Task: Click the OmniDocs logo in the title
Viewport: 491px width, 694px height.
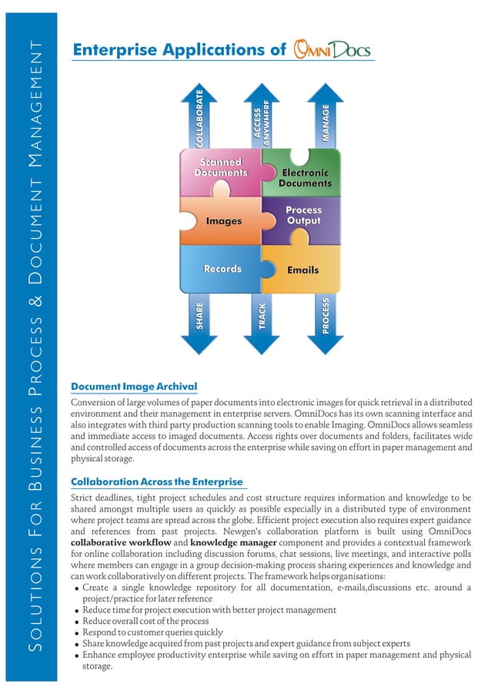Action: pyautogui.click(x=332, y=51)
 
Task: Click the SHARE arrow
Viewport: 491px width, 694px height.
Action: pyautogui.click(x=199, y=319)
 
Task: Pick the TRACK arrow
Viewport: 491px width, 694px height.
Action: pyautogui.click(x=262, y=319)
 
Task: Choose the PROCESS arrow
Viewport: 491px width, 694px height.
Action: pyautogui.click(x=326, y=319)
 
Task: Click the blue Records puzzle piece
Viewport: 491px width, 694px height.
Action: pyautogui.click(x=222, y=269)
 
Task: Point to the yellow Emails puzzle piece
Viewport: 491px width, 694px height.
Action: pyautogui.click(x=303, y=270)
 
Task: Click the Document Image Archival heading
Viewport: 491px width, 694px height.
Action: pyautogui.click(x=134, y=387)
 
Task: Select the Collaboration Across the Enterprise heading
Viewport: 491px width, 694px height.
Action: pyautogui.click(x=156, y=482)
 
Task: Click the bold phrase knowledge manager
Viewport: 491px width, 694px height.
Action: pyautogui.click(x=234, y=543)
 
